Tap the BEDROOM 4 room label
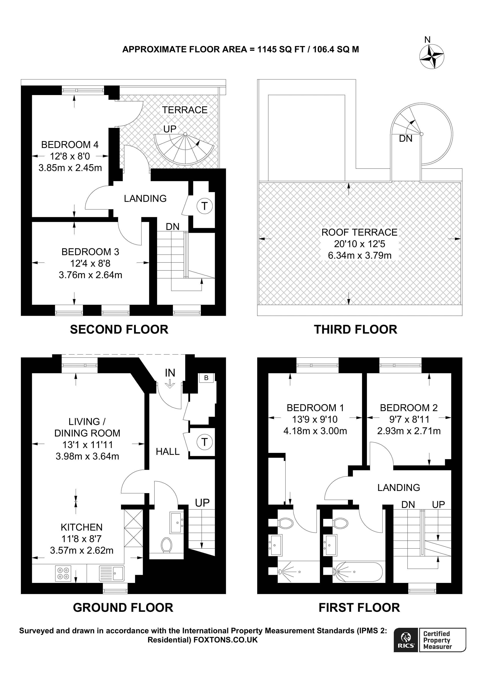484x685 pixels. pos(70,145)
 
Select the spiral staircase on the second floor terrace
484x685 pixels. pos(184,149)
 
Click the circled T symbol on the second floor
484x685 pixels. pos(205,206)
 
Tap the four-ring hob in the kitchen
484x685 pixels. pos(63,573)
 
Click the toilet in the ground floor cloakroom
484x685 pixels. pos(166,545)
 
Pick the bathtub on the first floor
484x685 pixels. pos(358,572)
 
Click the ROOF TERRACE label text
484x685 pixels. pos(359,232)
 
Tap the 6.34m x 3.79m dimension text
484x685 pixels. pos(359,255)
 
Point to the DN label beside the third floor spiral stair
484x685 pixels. pos(405,138)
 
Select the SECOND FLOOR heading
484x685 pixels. pos(119,329)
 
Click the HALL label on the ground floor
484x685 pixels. pos(168,452)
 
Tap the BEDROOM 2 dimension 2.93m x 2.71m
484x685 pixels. pos(409,431)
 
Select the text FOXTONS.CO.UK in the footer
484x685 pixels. pos(225,640)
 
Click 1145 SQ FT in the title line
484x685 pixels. pos(281,49)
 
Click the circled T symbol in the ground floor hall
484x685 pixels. pos(205,442)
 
